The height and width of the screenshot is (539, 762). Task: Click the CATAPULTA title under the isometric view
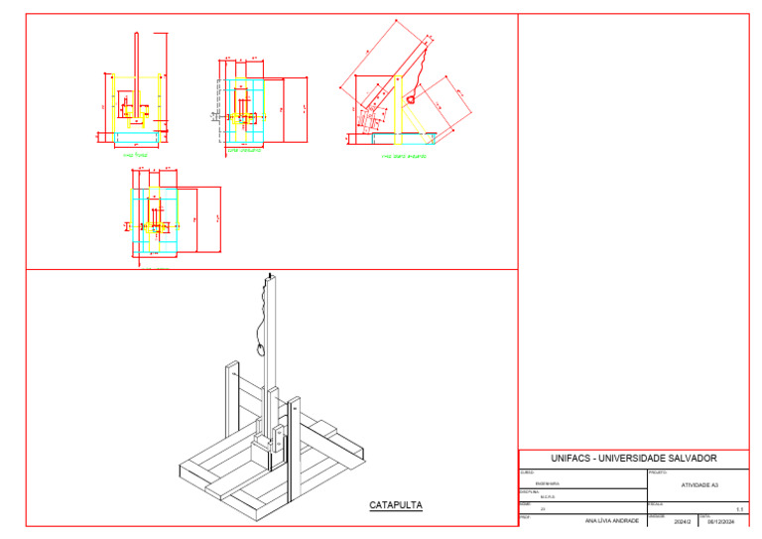pos(396,505)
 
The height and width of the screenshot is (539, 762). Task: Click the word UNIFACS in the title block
pos(577,459)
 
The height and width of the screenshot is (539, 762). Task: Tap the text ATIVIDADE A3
pos(698,484)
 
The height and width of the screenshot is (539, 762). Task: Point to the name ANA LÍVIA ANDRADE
pos(612,520)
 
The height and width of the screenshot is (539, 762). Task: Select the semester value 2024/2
pos(682,520)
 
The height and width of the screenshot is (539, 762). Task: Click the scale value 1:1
pos(739,507)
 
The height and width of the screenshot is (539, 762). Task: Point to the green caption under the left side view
pos(404,156)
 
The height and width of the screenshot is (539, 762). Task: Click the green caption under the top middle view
pos(245,152)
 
